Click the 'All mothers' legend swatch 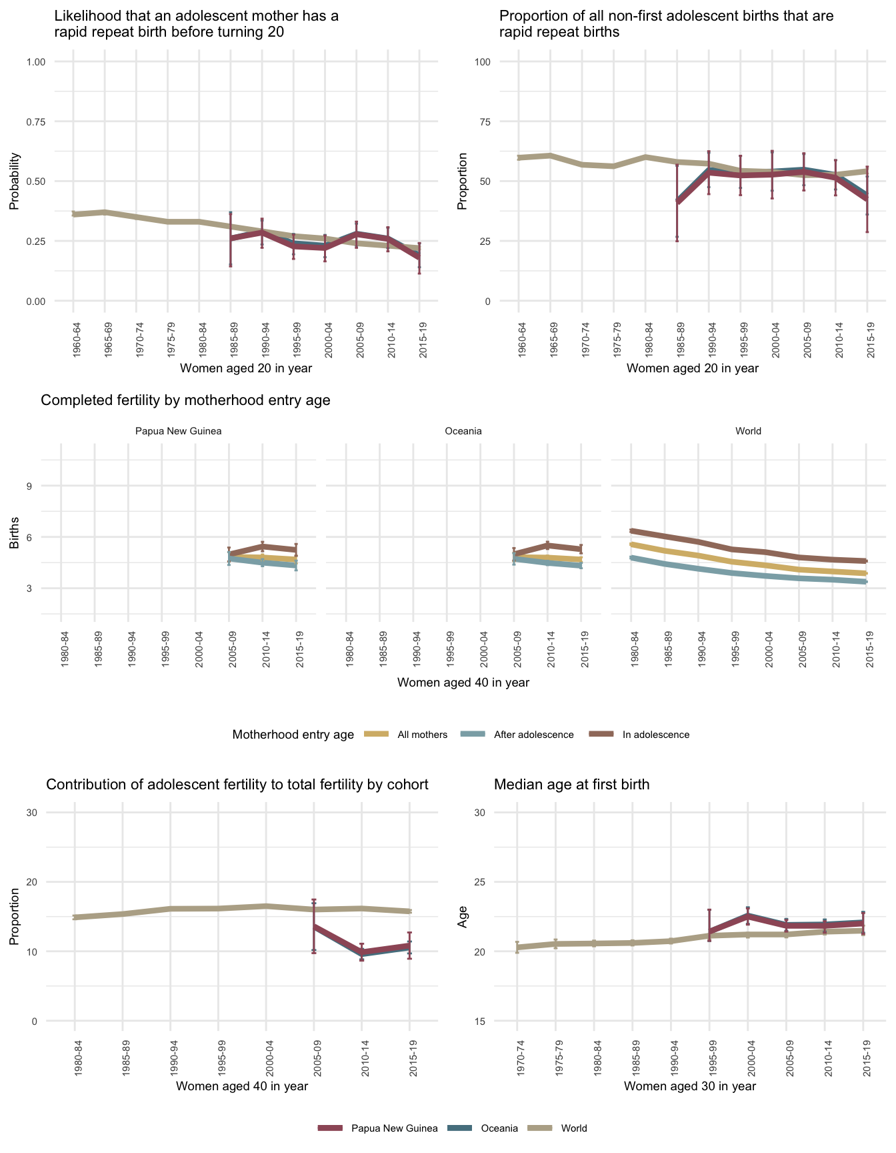(x=376, y=735)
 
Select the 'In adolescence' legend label (x=655, y=735)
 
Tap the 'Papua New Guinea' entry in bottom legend (x=394, y=1128)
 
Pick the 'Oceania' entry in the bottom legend (x=499, y=1128)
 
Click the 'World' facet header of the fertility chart (x=748, y=431)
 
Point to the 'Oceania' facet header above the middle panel (x=463, y=431)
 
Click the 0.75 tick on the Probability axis (x=36, y=121)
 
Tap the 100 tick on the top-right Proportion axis (x=483, y=62)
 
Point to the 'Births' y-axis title (x=15, y=532)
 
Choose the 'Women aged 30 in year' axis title (x=690, y=1086)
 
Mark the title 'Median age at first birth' (x=571, y=785)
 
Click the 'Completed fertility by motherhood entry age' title (x=185, y=400)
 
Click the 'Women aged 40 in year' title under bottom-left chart (x=242, y=1086)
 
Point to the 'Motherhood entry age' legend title (x=293, y=735)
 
